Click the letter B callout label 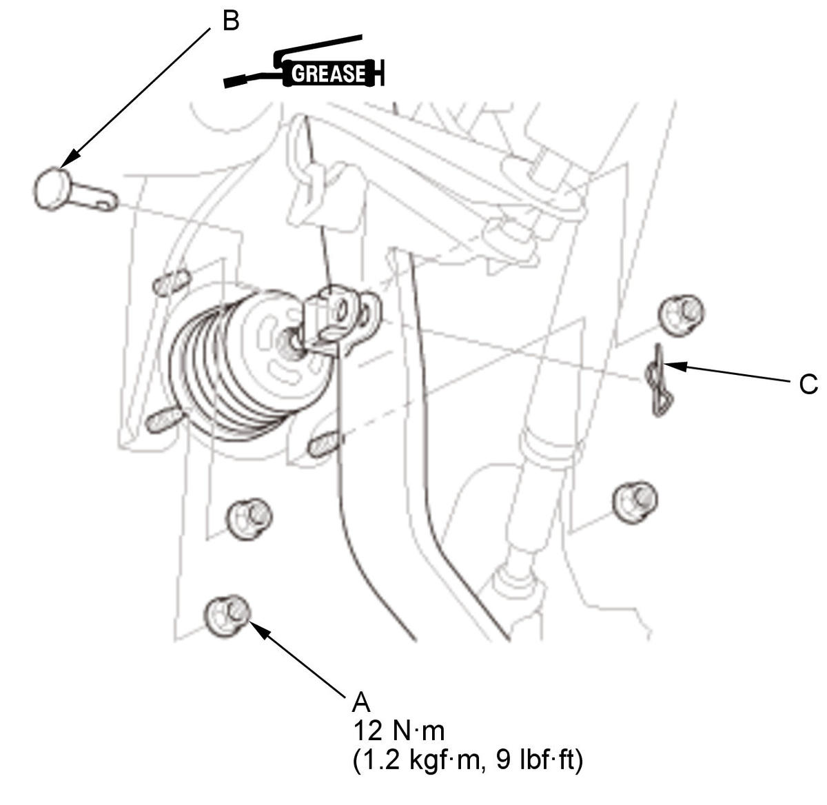pyautogui.click(x=231, y=21)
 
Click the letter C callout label pyautogui.click(x=808, y=384)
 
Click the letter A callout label pyautogui.click(x=361, y=702)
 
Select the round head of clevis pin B pyautogui.click(x=50, y=188)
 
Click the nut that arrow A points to pyautogui.click(x=227, y=615)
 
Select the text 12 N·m pyautogui.click(x=398, y=731)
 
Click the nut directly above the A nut pyautogui.click(x=249, y=519)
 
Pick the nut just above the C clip pyautogui.click(x=680, y=316)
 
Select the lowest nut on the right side pyautogui.click(x=635, y=503)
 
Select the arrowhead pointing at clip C pyautogui.click(x=675, y=366)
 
